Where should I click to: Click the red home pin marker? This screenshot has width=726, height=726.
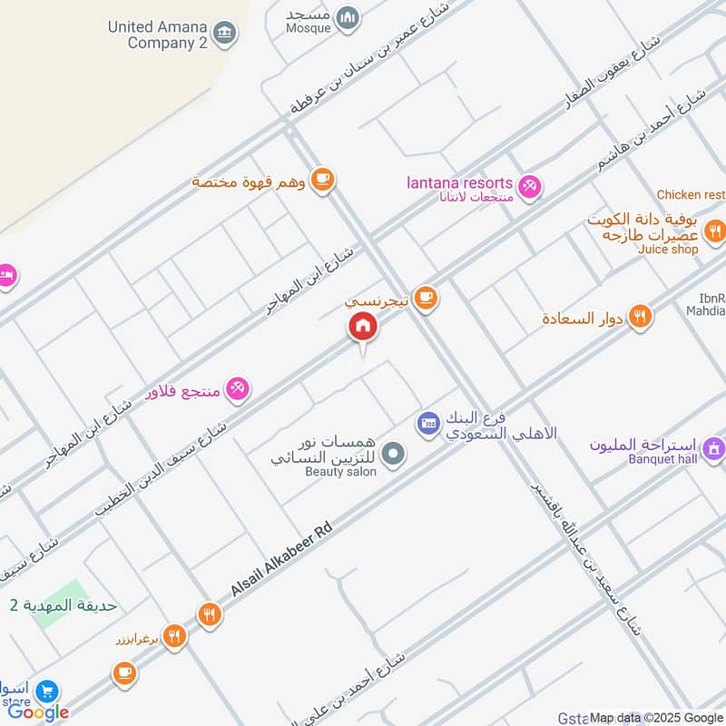coord(362,327)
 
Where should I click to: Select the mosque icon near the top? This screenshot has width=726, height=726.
coord(347,17)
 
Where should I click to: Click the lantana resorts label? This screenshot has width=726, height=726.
coord(459,184)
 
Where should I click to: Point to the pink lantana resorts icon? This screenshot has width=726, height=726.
coord(530,186)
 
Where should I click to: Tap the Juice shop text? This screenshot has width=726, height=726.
coord(668,250)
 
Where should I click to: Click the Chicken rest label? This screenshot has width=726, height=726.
coord(691,195)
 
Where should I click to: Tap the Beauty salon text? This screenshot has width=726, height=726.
coord(339,473)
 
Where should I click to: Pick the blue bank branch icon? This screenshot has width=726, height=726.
coord(428,422)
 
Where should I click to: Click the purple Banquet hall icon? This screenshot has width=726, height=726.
coord(713,446)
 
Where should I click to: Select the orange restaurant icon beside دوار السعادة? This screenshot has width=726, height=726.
coord(641,317)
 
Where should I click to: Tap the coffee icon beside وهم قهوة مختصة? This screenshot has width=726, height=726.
coord(321,181)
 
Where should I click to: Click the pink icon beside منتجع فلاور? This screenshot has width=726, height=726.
coord(238,388)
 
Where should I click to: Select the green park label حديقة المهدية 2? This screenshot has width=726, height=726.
coord(64,605)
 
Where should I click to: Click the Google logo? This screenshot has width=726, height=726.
coord(38,712)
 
